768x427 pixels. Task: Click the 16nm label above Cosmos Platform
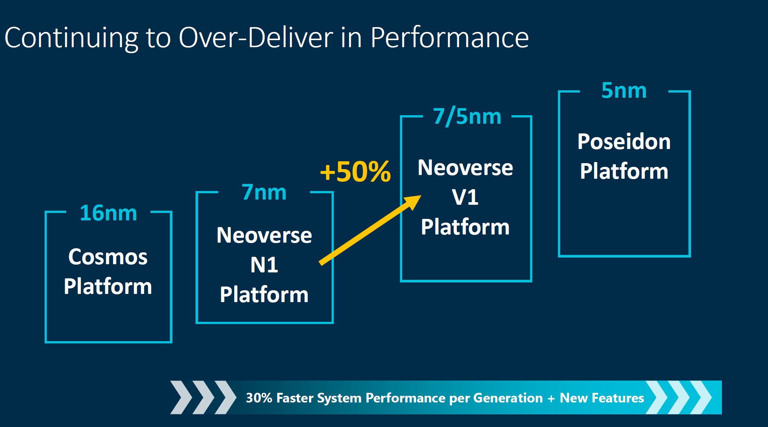108,213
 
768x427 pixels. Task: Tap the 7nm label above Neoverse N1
264,192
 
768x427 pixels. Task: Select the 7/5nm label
467,117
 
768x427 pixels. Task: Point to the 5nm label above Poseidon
624,90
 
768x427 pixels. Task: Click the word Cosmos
108,257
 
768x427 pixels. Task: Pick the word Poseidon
624,142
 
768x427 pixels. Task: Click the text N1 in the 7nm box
264,265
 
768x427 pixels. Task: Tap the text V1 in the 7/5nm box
465,197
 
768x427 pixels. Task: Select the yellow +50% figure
355,171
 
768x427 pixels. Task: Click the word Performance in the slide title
449,38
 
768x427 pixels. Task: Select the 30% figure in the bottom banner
259,398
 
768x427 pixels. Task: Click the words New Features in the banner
602,398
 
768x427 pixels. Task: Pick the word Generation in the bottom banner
508,398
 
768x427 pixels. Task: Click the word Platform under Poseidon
624,171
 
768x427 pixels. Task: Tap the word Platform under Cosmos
108,287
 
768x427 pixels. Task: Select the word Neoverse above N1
264,235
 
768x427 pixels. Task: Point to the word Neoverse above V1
465,168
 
